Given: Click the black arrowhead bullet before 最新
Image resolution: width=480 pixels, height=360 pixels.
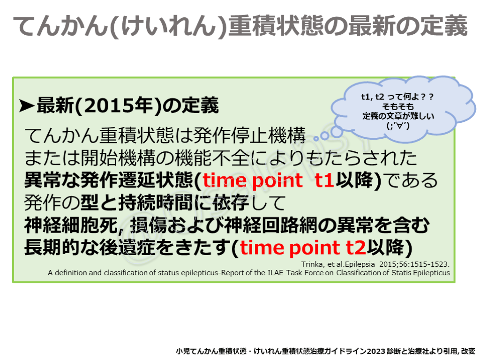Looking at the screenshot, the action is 27,105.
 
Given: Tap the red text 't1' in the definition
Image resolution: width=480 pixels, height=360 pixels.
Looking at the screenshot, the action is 324,180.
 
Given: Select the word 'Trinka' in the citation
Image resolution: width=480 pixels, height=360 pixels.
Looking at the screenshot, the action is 312,264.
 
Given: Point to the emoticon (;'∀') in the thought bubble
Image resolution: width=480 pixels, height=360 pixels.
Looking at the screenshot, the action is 398,125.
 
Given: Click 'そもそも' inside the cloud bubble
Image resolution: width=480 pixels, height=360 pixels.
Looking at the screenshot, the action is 398,106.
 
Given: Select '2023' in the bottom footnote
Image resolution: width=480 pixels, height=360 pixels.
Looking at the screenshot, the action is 376,351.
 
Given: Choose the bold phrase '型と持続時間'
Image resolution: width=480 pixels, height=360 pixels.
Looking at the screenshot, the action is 137,202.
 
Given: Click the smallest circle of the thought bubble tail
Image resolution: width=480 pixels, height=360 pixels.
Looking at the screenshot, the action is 316,139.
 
